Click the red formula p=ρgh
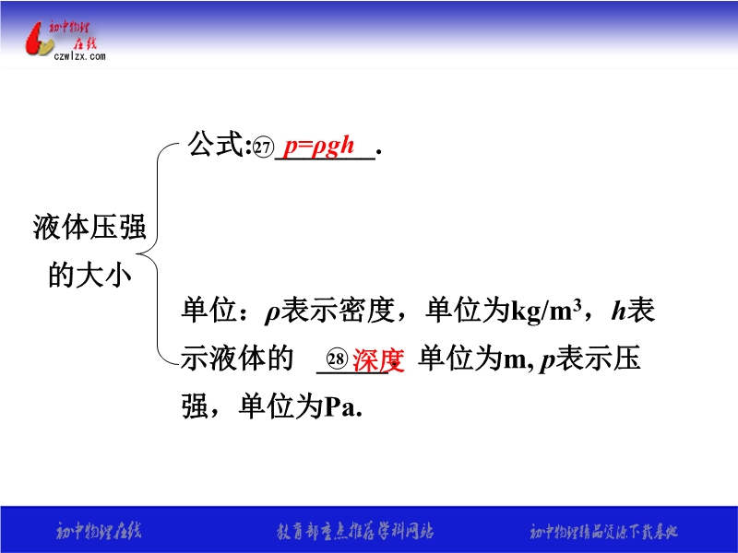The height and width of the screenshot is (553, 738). point(318,147)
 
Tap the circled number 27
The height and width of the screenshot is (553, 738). point(263,147)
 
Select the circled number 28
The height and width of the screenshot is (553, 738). point(337,359)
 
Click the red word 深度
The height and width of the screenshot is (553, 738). point(378,360)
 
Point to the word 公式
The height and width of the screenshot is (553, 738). point(216,144)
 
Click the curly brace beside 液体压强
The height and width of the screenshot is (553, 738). point(158,254)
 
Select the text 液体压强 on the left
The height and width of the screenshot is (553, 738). point(89,227)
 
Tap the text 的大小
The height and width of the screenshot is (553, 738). point(89,275)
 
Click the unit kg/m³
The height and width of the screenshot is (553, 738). point(546,311)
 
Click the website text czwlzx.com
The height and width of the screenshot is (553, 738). point(79,56)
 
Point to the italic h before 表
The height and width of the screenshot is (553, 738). point(618,311)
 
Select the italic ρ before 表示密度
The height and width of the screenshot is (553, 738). point(272,313)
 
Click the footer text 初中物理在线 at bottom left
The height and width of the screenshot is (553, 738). point(99,532)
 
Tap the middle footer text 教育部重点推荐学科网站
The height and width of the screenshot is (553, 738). point(355,532)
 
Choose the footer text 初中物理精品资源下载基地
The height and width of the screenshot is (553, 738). point(604,532)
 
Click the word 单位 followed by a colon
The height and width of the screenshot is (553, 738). point(209,310)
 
